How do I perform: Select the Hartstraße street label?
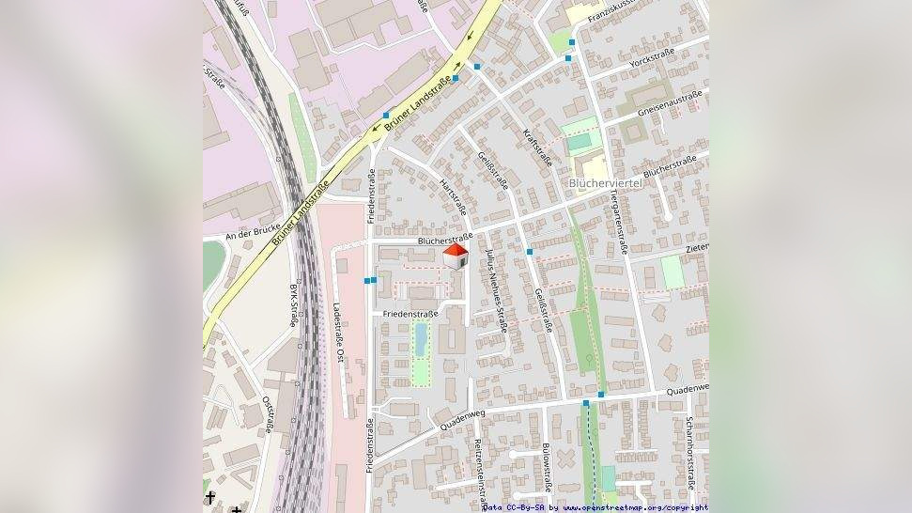[455, 196]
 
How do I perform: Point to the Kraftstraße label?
[537, 151]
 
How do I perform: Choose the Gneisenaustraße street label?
[670, 101]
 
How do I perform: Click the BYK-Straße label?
[293, 303]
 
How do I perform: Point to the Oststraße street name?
[268, 414]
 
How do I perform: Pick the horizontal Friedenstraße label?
[410, 312]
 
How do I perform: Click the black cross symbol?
[210, 497]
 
